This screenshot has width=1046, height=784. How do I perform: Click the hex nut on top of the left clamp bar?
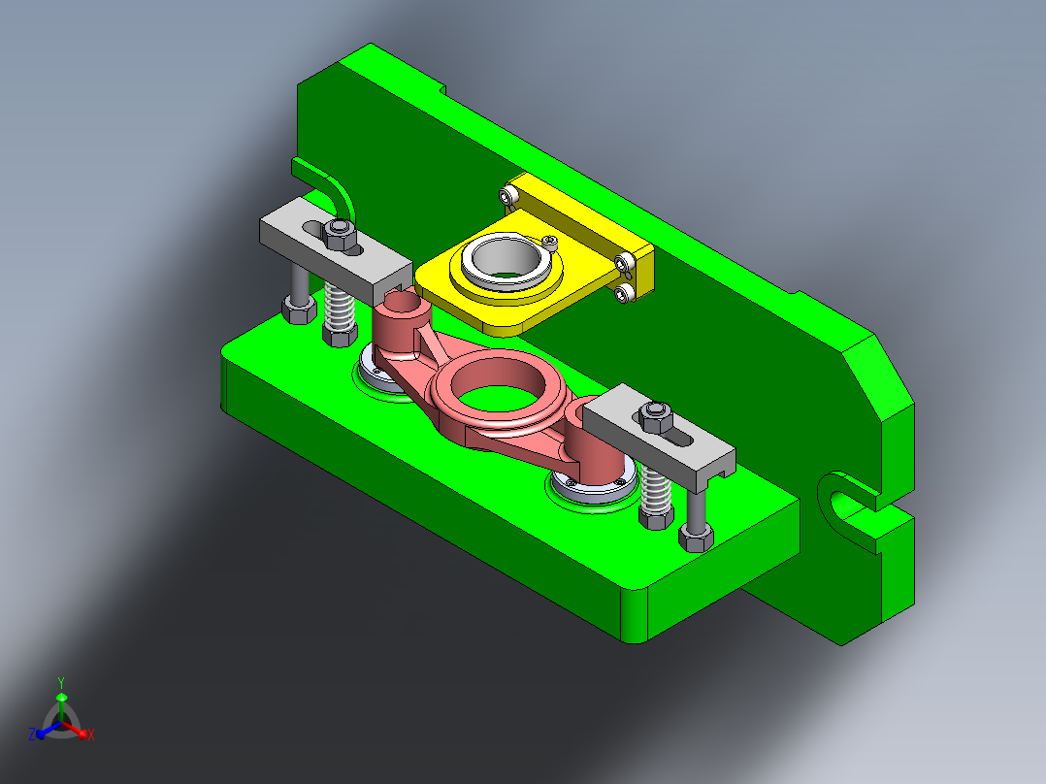339,233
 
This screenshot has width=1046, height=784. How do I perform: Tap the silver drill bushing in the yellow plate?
503,260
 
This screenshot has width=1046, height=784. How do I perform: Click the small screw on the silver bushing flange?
550,240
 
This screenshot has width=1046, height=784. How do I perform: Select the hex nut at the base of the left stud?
298,310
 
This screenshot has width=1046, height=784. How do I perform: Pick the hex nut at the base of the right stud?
696,536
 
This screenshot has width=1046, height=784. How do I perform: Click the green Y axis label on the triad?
61,682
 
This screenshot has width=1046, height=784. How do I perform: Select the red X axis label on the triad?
91,736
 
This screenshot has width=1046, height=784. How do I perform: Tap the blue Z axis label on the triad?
31,735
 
